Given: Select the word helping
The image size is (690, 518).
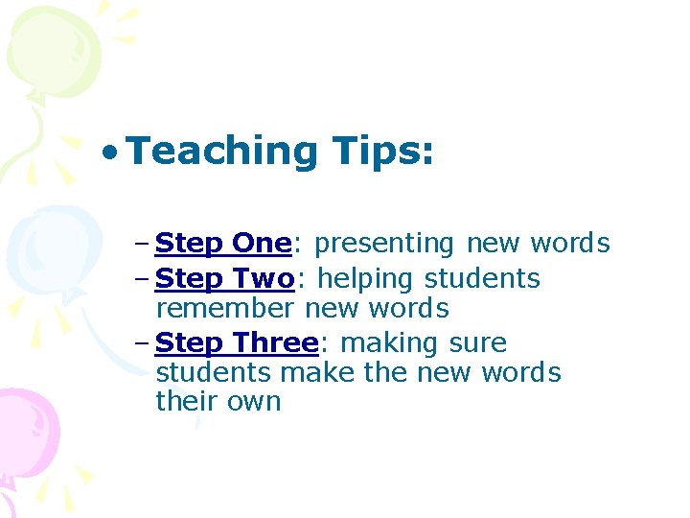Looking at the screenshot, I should tap(366, 279).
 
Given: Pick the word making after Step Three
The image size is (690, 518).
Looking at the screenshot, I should tap(389, 342).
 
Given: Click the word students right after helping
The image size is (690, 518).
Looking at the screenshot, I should tap(482, 279).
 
